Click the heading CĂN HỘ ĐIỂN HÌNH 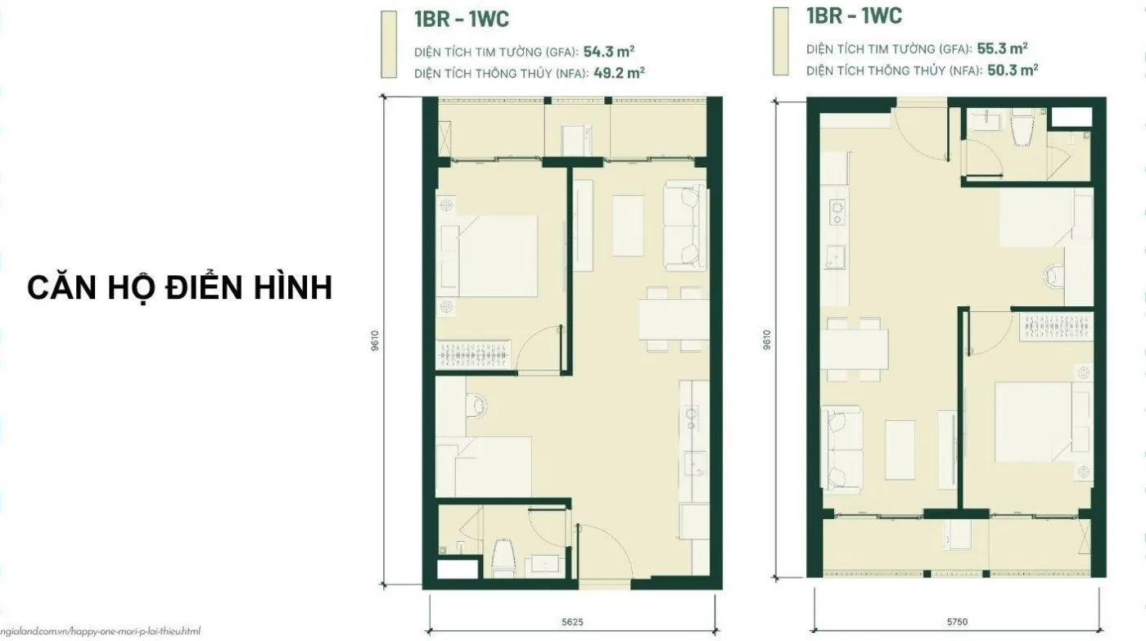coord(179,287)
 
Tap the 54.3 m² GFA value coord(609,52)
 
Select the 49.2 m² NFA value coord(619,73)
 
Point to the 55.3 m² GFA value coord(1002,48)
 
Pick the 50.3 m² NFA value coord(1013,70)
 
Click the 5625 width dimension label coord(572,622)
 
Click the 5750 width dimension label coord(957,621)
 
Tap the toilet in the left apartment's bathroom coord(503,558)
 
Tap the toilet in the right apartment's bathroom coord(1022,128)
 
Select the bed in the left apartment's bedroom coord(490,255)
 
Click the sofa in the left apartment coord(685,226)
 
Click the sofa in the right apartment coord(841,449)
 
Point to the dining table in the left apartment coord(673,318)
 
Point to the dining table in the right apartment coord(854,350)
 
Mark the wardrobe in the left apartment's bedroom coord(473,354)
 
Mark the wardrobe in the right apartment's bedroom coord(1056,327)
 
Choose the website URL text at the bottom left coord(100,631)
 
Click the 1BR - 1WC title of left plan coord(462,20)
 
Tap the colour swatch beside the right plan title coord(781,42)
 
